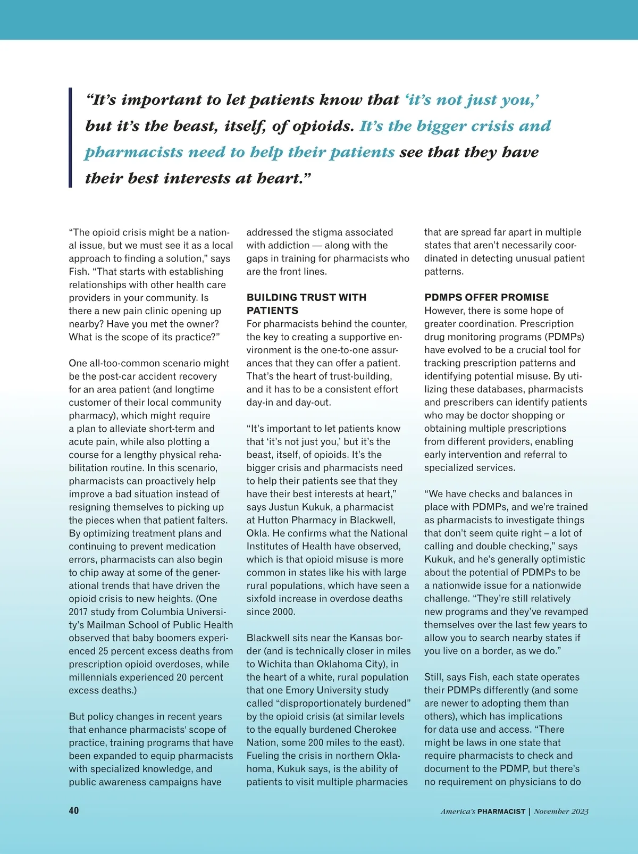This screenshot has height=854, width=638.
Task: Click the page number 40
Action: tap(74, 810)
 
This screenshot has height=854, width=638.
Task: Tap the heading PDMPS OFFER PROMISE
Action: tap(486, 297)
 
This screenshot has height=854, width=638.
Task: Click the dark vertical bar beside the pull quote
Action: tap(70, 138)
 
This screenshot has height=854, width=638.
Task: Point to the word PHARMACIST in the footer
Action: tap(501, 811)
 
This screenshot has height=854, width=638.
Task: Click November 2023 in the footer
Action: tap(561, 811)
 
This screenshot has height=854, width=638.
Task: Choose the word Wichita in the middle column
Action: tap(275, 664)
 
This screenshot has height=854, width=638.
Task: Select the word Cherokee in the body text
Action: tap(375, 730)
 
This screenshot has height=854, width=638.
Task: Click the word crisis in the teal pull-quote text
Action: tap(481, 126)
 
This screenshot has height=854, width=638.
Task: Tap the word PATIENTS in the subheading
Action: tap(272, 311)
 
